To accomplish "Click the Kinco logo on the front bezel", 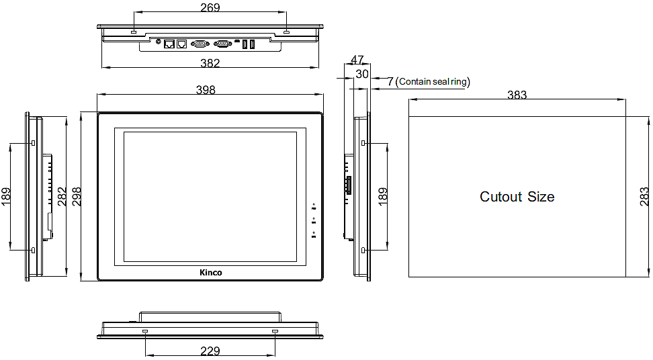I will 211,272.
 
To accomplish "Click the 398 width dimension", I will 206,90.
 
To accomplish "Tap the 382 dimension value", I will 210,63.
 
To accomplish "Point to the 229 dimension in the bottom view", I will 210,351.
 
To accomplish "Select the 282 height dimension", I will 62,197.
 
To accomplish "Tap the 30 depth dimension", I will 362,75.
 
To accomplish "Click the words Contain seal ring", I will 433,82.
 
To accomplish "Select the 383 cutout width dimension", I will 517,95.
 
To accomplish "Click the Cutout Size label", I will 517,197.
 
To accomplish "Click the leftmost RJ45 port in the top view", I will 169,44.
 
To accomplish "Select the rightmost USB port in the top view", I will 253,44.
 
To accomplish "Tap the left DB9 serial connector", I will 200,44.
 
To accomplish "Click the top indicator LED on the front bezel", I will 314,204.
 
